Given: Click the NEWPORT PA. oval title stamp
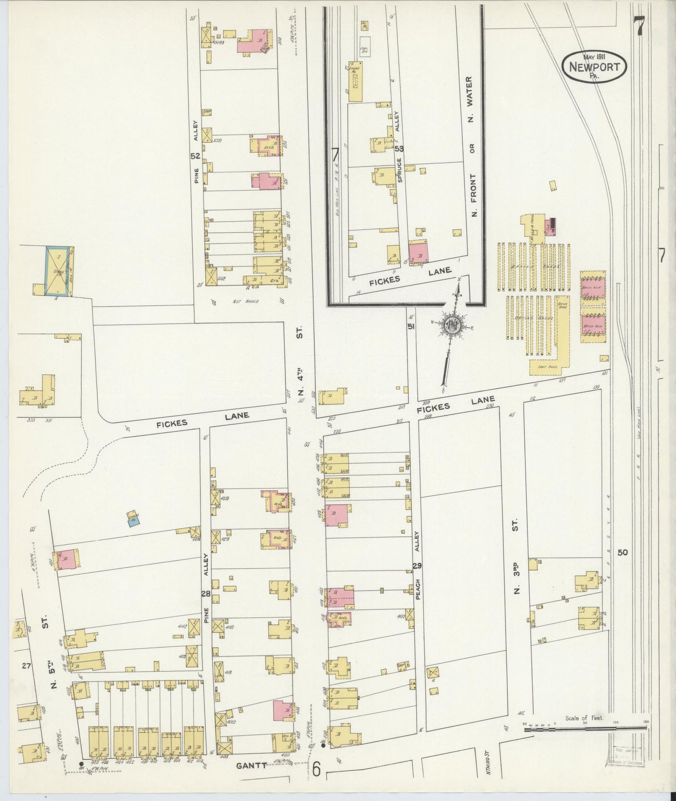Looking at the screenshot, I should pyautogui.click(x=596, y=67).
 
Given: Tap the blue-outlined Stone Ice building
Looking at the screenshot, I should pyautogui.click(x=58, y=271).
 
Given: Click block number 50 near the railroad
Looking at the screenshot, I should pyautogui.click(x=622, y=552).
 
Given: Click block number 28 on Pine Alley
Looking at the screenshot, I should pyautogui.click(x=205, y=594).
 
